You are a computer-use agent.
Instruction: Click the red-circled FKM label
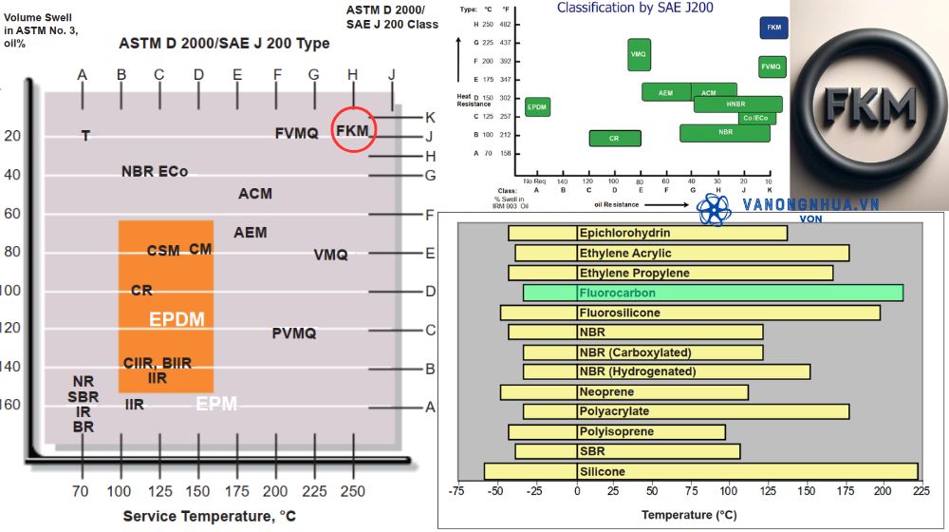pyautogui.click(x=352, y=130)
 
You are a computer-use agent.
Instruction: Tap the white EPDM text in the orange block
pyautogui.click(x=177, y=319)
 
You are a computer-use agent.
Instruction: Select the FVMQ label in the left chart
pyautogui.click(x=296, y=133)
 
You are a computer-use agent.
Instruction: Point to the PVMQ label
pyautogui.click(x=294, y=333)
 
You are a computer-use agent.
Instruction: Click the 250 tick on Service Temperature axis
pyautogui.click(x=352, y=491)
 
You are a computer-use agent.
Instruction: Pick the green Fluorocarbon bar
pyautogui.click(x=713, y=293)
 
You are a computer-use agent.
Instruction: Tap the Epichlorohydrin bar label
pyautogui.click(x=624, y=233)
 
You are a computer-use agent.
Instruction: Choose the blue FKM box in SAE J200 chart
pyautogui.click(x=774, y=28)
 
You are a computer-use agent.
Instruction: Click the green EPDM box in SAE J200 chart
pyautogui.click(x=537, y=107)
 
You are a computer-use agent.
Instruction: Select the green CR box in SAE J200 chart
pyautogui.click(x=614, y=138)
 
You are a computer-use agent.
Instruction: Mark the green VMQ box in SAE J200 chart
pyautogui.click(x=639, y=55)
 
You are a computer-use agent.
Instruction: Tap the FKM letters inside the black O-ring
pyautogui.click(x=869, y=102)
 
